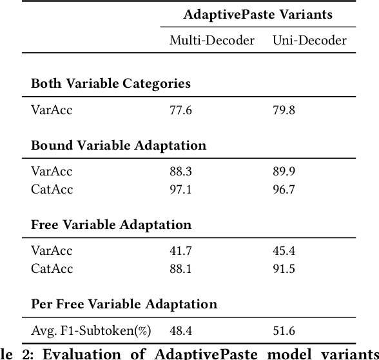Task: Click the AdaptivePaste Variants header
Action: pyautogui.click(x=258, y=14)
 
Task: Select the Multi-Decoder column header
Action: pyautogui.click(x=212, y=41)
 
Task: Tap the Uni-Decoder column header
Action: pyautogui.click(x=309, y=41)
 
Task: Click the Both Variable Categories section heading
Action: pyautogui.click(x=110, y=84)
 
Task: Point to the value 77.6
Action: pyautogui.click(x=180, y=110)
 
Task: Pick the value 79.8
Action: pyautogui.click(x=284, y=110)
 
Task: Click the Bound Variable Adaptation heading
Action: pyautogui.click(x=119, y=145)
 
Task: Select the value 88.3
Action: pyautogui.click(x=180, y=172)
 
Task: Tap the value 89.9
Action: pyautogui.click(x=284, y=172)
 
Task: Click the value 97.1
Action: pyautogui.click(x=180, y=190)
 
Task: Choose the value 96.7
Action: pyautogui.click(x=284, y=190)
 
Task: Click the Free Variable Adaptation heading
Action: pyautogui.click(x=111, y=225)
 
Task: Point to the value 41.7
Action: pyautogui.click(x=180, y=251)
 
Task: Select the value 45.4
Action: pyautogui.click(x=284, y=251)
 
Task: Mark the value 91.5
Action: pyautogui.click(x=284, y=269)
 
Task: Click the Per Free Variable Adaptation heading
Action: pyautogui.click(x=124, y=304)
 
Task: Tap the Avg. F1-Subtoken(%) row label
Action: pyautogui.click(x=91, y=331)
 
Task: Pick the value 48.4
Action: pyautogui.click(x=180, y=331)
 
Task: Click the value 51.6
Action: pyautogui.click(x=284, y=331)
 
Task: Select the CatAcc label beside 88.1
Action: pyautogui.click(x=52, y=269)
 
